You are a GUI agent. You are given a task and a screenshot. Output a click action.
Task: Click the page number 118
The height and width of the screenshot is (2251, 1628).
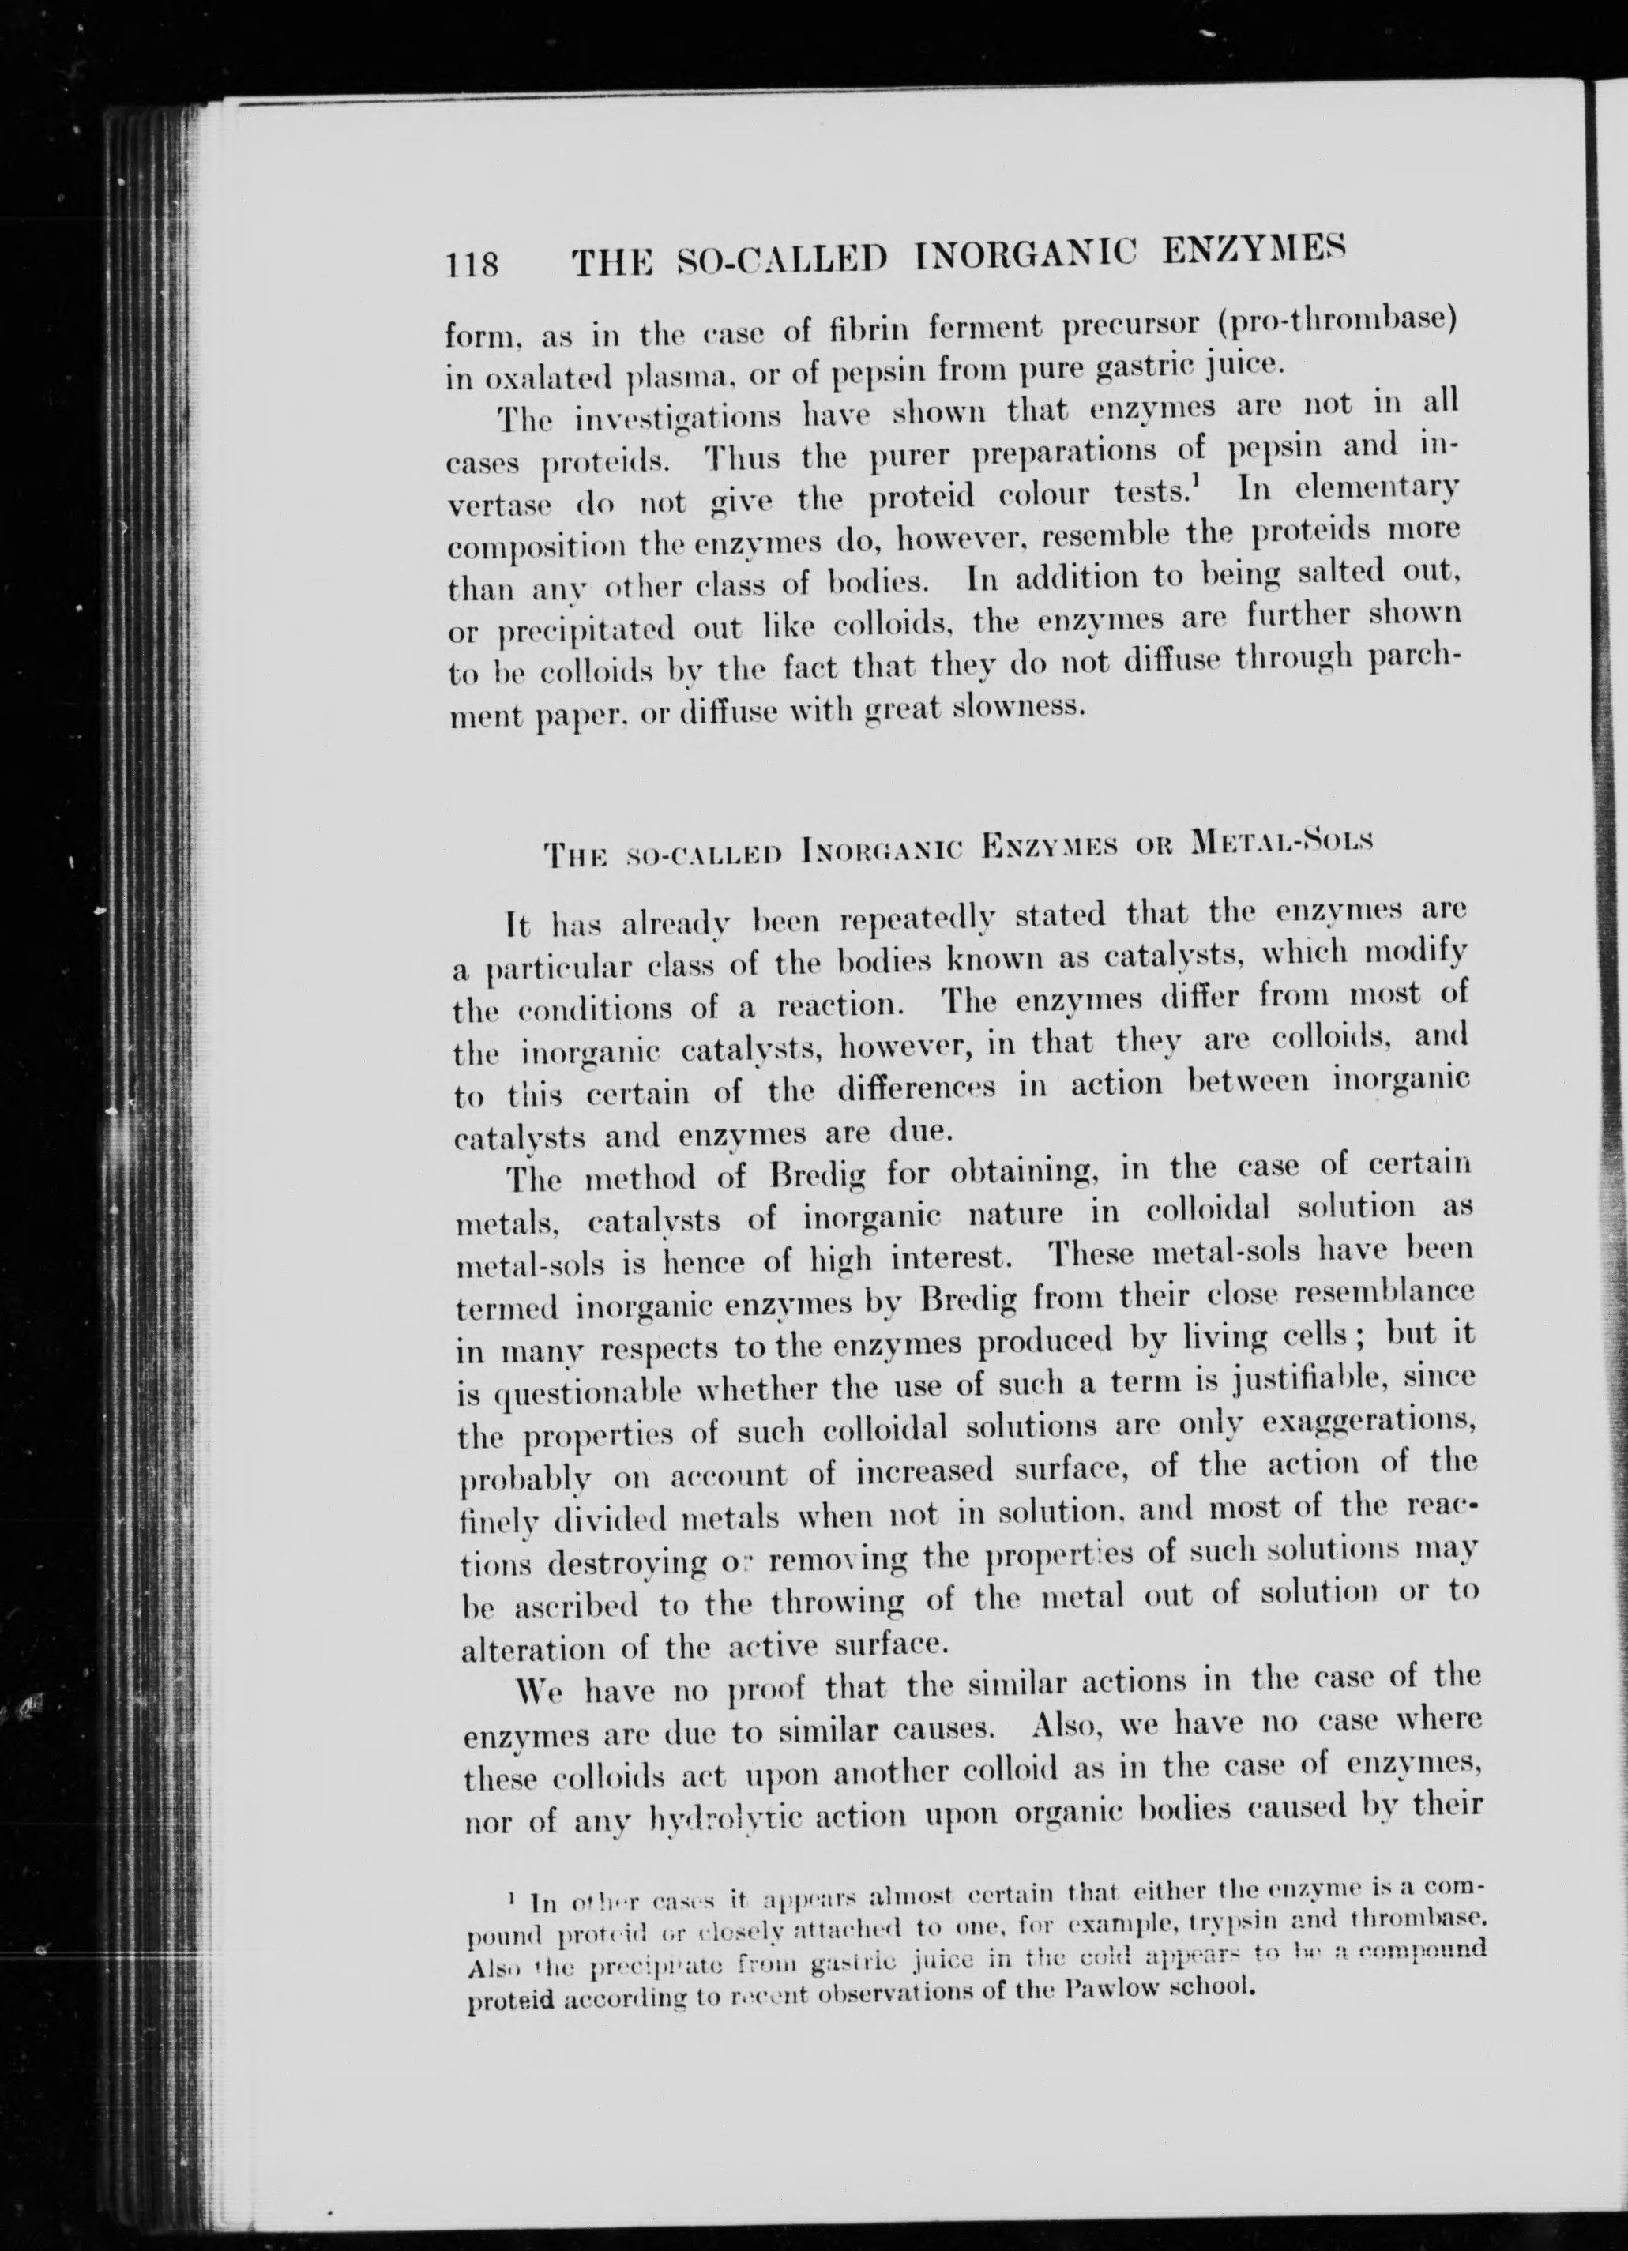(472, 265)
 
